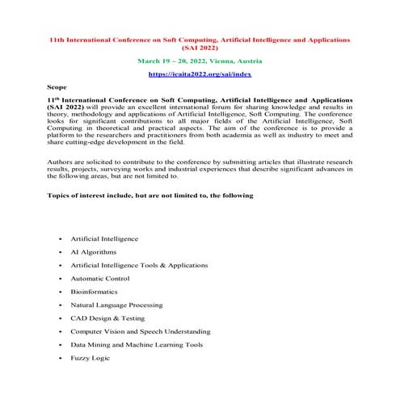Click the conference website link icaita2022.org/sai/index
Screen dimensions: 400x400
pyautogui.click(x=200, y=74)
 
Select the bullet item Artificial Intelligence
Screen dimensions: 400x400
pyautogui.click(x=104, y=239)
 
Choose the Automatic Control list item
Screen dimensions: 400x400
pyautogui.click(x=99, y=278)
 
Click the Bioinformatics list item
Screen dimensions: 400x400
pyautogui.click(x=94, y=291)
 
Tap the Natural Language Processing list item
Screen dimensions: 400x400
pyautogui.click(x=116, y=305)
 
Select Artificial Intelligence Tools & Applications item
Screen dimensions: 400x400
pyautogui.click(x=139, y=265)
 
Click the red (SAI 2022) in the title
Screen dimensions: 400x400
pyautogui.click(x=200, y=48)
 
